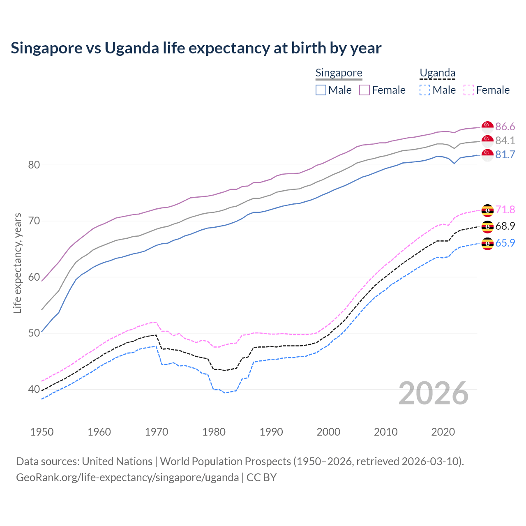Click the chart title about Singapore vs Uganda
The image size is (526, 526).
(x=196, y=48)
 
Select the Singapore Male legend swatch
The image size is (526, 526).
(x=321, y=90)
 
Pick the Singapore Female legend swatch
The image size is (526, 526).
(x=365, y=90)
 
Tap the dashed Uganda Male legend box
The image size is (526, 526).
(x=425, y=90)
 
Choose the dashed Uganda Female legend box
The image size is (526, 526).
(x=468, y=90)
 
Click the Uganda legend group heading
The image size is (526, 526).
(x=437, y=73)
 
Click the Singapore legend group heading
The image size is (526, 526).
(x=339, y=73)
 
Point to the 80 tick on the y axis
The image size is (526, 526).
(x=34, y=165)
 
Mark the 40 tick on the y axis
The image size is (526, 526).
(x=34, y=389)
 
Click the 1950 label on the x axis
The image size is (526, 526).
(x=42, y=432)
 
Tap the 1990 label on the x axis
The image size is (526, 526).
(x=271, y=432)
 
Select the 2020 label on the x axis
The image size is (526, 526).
(x=443, y=432)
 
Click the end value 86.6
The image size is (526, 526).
(x=505, y=127)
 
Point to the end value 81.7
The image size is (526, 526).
(x=505, y=155)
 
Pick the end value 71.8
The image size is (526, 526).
(x=505, y=210)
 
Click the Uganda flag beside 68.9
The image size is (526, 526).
(x=487, y=226)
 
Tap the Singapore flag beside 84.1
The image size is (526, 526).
(x=487, y=141)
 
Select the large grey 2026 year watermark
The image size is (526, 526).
(x=434, y=393)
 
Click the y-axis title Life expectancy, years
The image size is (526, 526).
(x=17, y=263)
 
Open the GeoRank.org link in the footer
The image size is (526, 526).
(x=127, y=478)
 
